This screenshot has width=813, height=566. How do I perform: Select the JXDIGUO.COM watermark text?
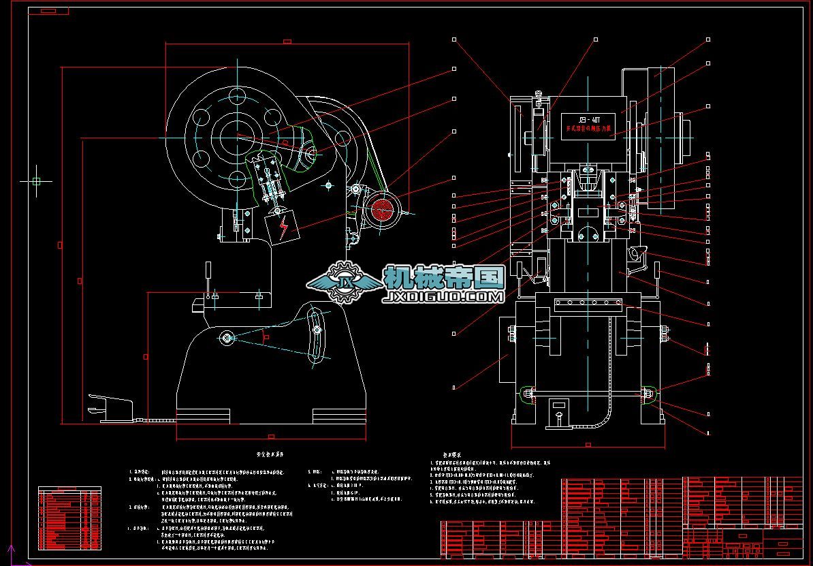[x=444, y=298]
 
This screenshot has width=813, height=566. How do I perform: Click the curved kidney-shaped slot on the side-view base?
[x=316, y=337]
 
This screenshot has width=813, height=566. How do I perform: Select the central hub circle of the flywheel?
[x=238, y=137]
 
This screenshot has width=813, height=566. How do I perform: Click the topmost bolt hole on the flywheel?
[x=238, y=95]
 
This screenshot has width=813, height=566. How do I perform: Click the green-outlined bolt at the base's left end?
[x=528, y=394]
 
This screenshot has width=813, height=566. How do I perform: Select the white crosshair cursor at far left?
[x=36, y=181]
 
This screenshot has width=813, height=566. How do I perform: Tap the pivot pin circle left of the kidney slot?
[x=227, y=336]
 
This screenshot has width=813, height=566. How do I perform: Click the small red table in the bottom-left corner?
[x=69, y=519]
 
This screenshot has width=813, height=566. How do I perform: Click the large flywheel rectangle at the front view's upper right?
[x=654, y=136]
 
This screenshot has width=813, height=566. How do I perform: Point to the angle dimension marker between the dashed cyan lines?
[x=266, y=336]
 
